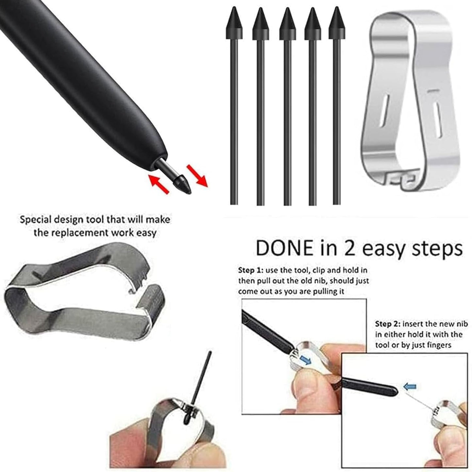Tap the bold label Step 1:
tap(250, 270)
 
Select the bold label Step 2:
tap(387, 324)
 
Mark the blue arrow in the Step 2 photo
tap(410, 387)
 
